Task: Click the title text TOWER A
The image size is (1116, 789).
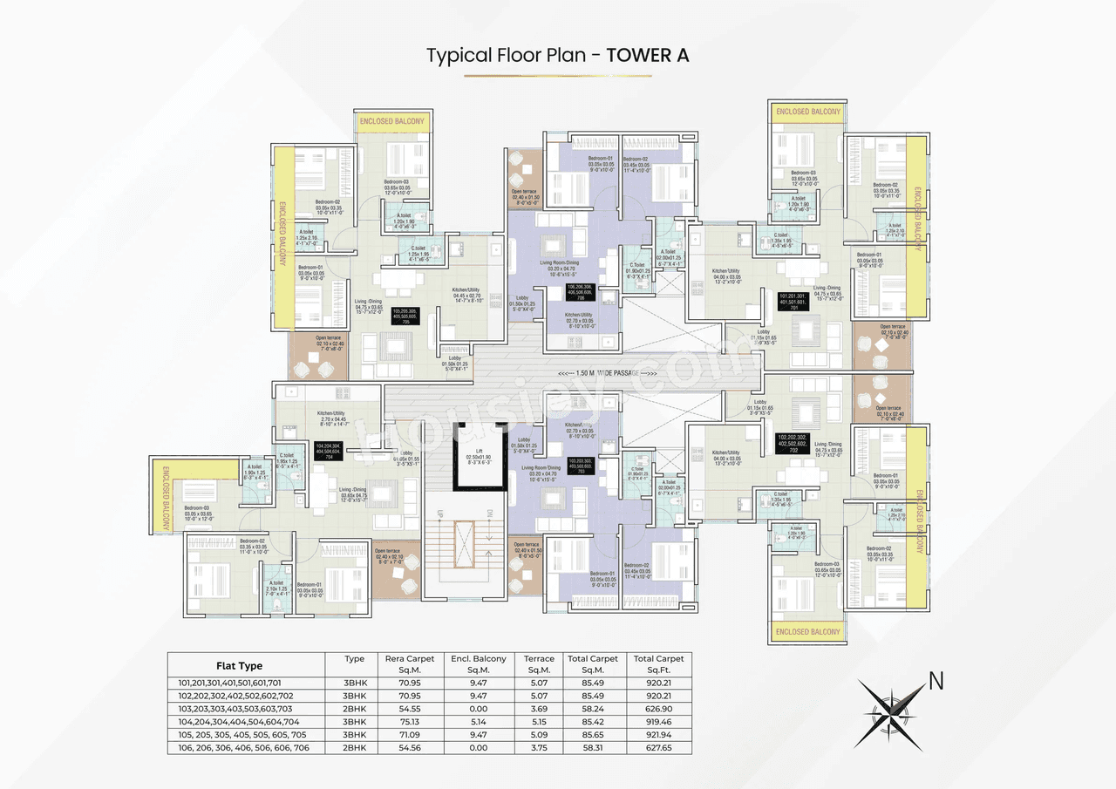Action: pos(648,55)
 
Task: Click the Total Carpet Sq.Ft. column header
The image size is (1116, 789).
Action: pos(658,664)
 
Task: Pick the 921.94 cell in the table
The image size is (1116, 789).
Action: pos(658,735)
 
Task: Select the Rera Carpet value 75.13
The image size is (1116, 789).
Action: pos(409,722)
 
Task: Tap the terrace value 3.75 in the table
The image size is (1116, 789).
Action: pos(539,748)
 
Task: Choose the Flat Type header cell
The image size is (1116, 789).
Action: pos(239,665)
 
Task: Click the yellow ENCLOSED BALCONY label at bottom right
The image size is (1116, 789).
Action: pos(807,631)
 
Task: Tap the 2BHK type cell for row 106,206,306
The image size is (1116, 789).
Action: pos(354,748)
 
